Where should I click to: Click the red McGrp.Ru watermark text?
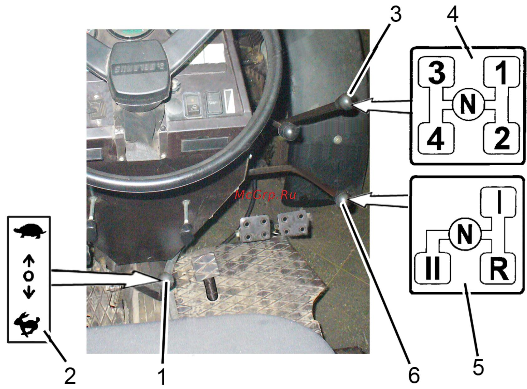coord(265,195)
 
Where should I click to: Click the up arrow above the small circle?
coord(28,263)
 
